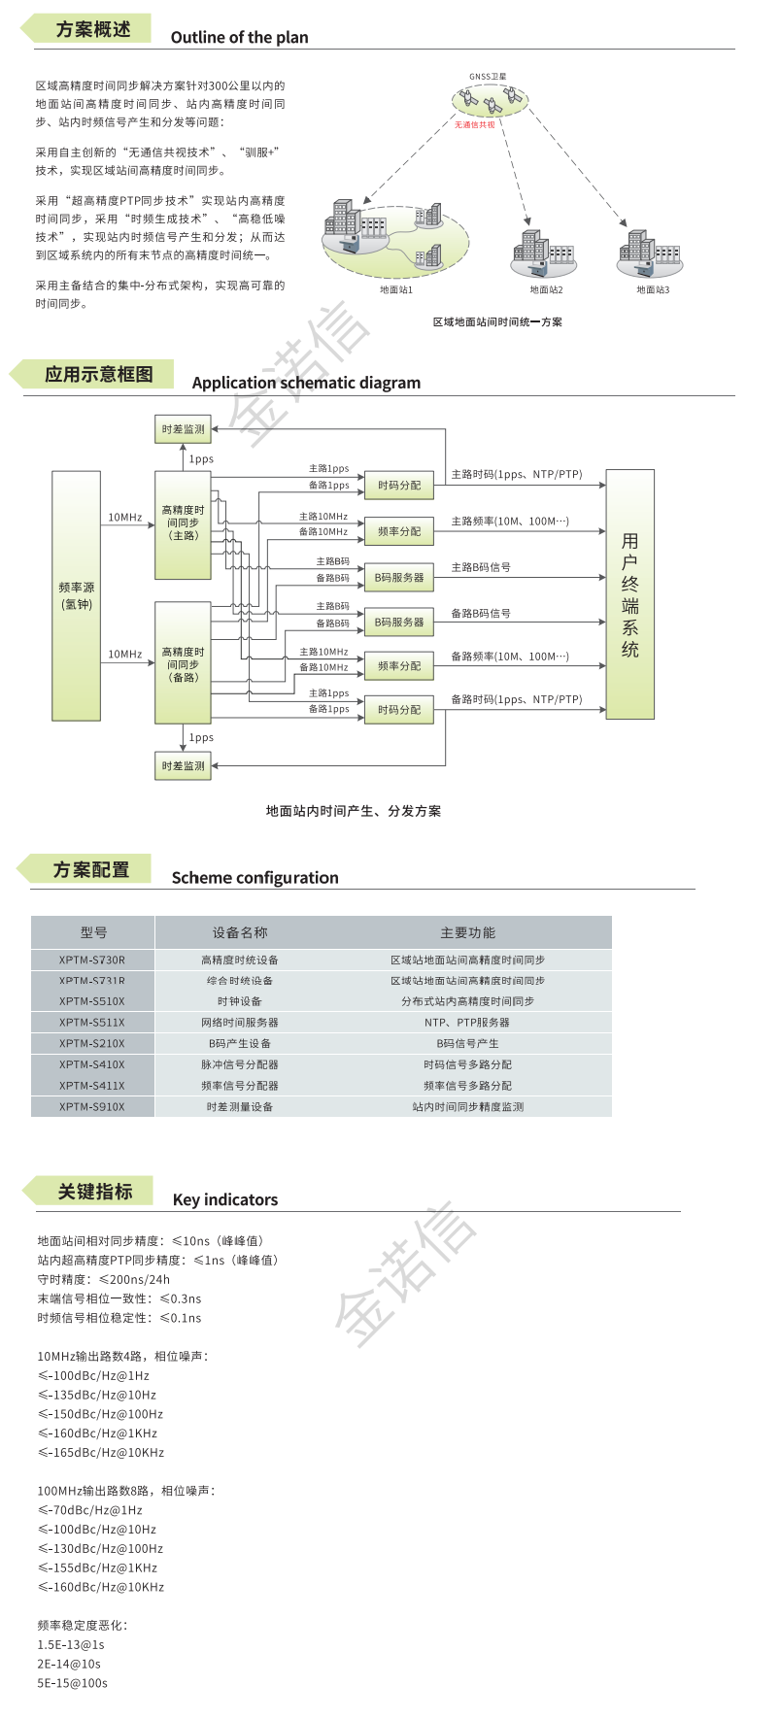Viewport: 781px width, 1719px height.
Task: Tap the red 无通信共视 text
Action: (x=475, y=124)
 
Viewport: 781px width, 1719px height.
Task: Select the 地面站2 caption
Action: (x=546, y=289)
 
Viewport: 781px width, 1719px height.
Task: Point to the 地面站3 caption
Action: (x=653, y=289)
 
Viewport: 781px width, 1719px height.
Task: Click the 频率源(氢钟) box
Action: (x=77, y=595)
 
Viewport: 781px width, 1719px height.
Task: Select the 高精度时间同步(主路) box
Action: (x=183, y=524)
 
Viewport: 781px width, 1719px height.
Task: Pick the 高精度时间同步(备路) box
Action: (x=183, y=663)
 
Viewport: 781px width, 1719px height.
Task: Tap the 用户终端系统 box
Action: (x=629, y=594)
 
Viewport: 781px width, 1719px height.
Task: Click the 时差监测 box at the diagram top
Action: (x=183, y=429)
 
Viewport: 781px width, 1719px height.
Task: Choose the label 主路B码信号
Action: (x=481, y=567)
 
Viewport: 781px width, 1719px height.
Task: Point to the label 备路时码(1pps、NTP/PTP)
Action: (x=517, y=699)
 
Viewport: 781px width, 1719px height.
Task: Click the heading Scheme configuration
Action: (x=255, y=878)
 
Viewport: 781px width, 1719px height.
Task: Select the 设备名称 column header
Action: (x=240, y=932)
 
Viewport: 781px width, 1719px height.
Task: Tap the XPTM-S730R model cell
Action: (x=92, y=960)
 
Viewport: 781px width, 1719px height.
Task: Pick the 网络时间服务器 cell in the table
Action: (x=240, y=1023)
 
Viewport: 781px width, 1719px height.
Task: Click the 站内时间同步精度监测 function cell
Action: (x=467, y=1106)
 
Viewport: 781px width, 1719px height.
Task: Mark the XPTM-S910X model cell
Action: (x=92, y=1106)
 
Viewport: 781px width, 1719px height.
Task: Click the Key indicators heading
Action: (x=225, y=1199)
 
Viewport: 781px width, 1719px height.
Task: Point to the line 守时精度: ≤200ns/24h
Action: (x=104, y=1279)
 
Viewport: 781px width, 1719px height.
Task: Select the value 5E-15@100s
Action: (x=73, y=1683)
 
